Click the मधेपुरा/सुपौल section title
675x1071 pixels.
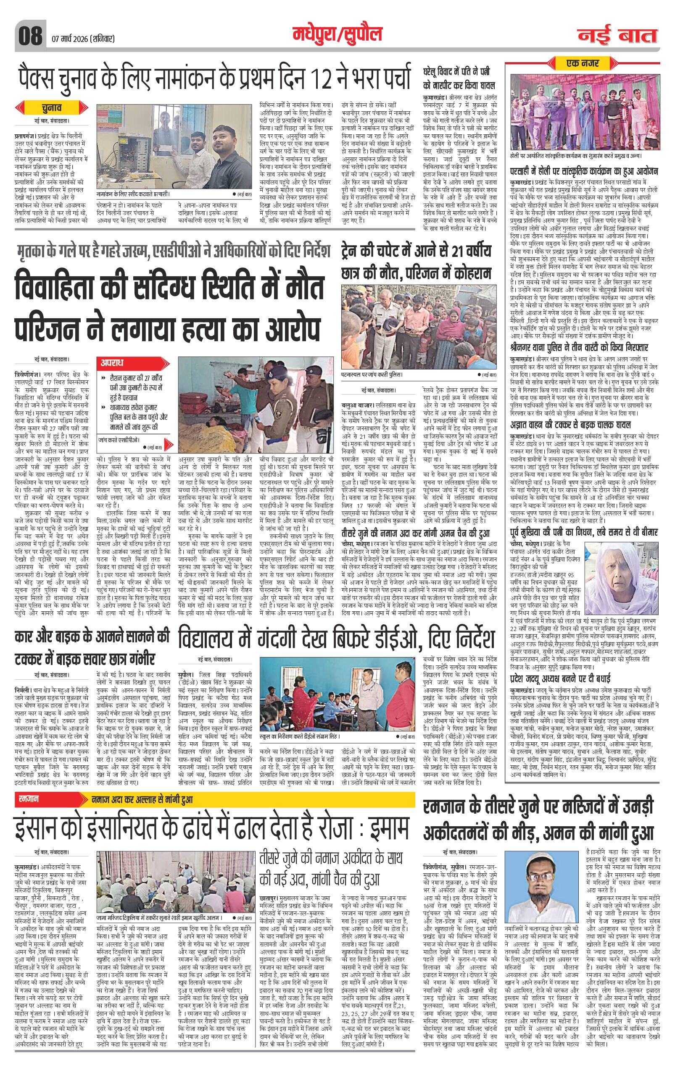pos(337,34)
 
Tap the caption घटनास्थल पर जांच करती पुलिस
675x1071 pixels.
pos(372,374)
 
